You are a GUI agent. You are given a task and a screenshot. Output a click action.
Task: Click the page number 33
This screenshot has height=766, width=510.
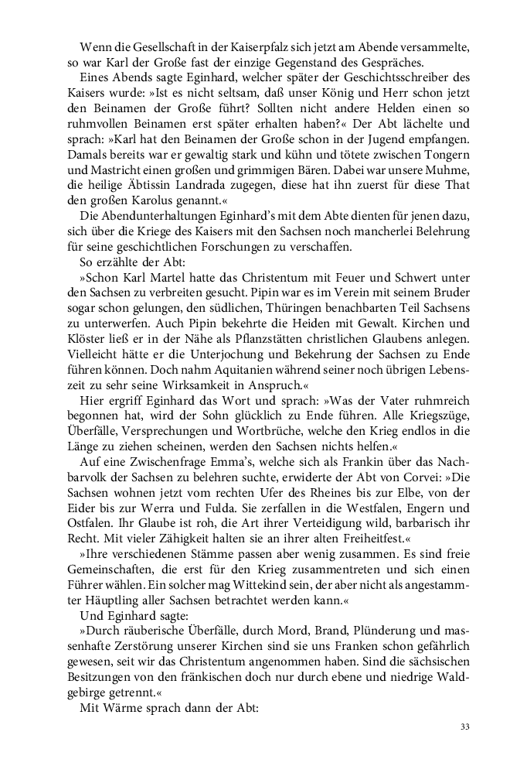coord(464,727)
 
